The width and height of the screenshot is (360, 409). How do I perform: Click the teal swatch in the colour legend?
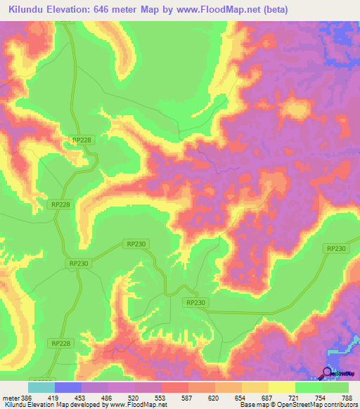pyautogui.click(x=41, y=387)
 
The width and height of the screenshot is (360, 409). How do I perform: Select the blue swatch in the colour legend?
pyautogui.click(x=68, y=387)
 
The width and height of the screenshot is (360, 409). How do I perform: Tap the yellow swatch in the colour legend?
pyautogui.click(x=282, y=387)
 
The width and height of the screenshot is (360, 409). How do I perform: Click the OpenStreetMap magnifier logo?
pyautogui.click(x=326, y=372)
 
